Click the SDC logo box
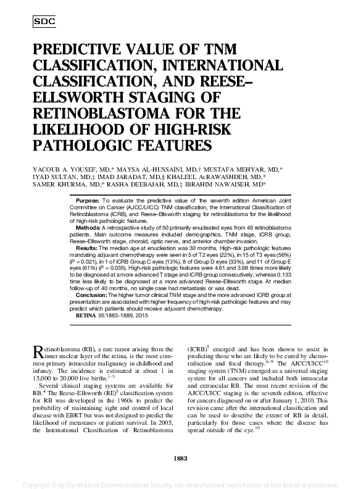click(x=43, y=21)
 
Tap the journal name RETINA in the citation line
click(x=86, y=315)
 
